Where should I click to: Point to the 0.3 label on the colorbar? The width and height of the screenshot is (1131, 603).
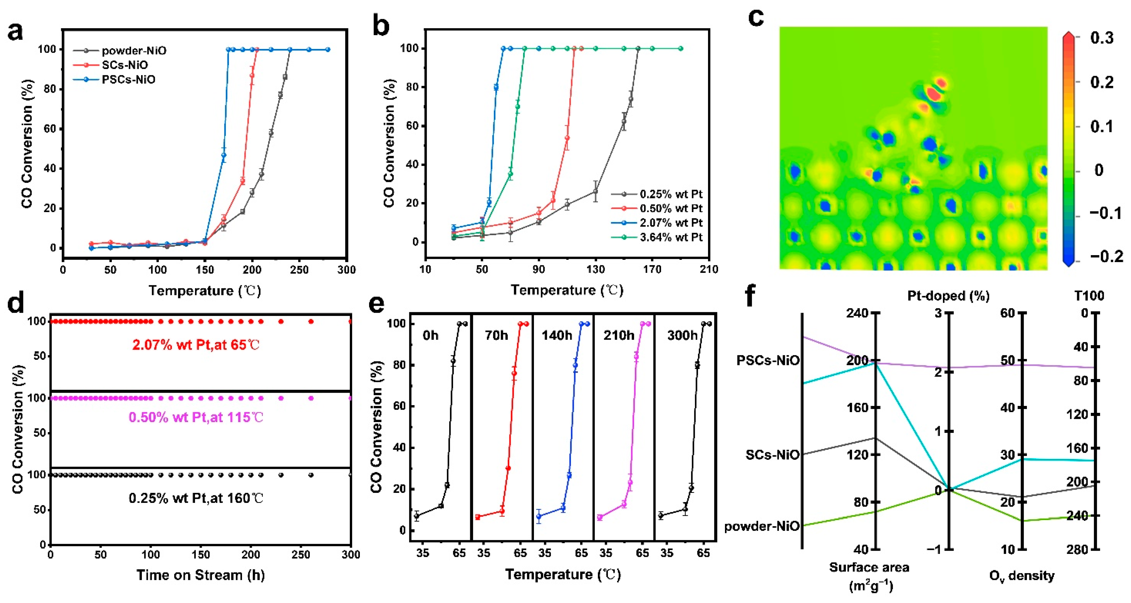coord(1102,38)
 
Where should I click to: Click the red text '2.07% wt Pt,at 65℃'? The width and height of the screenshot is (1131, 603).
coord(196,345)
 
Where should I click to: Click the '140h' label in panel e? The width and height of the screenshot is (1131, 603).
coord(557,336)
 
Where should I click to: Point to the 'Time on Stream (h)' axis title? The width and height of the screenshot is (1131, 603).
coord(201,575)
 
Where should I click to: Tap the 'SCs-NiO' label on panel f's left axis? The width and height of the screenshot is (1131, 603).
coord(772,455)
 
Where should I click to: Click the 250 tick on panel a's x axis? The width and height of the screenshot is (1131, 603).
coord(299,269)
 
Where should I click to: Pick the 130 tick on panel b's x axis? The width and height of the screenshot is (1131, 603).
coord(595,269)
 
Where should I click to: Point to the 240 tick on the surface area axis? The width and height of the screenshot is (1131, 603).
coord(858,313)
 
